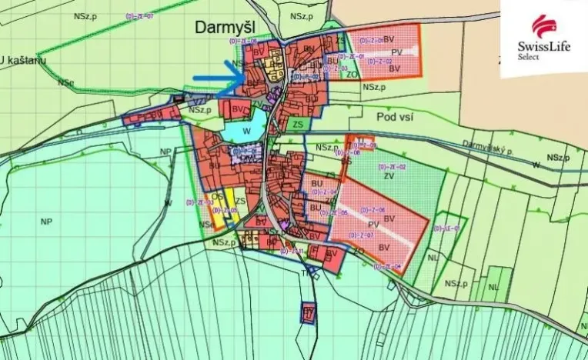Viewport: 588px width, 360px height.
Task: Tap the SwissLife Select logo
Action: tap(543, 36)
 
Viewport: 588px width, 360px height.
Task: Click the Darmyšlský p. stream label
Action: tap(488, 146)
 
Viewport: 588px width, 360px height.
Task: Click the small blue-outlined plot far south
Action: tap(309, 312)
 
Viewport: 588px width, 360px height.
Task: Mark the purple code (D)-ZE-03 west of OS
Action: tap(199, 202)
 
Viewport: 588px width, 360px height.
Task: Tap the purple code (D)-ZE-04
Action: tap(389, 266)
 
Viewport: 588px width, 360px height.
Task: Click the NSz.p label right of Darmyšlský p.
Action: tap(558, 158)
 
